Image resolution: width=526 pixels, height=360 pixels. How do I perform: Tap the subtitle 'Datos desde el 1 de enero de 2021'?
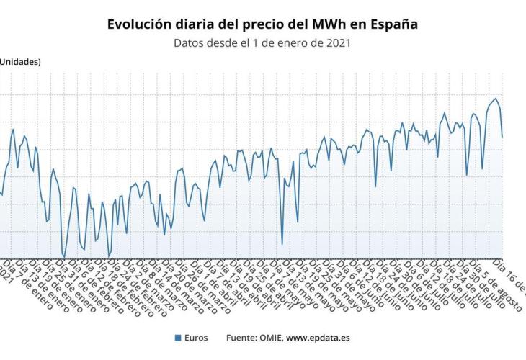pyautogui.click(x=262, y=42)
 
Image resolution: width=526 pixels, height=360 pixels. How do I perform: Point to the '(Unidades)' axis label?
pyautogui.click(x=19, y=61)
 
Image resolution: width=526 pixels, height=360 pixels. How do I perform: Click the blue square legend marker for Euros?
pyautogui.click(x=177, y=337)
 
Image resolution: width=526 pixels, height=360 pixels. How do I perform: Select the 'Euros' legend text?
pyautogui.click(x=196, y=337)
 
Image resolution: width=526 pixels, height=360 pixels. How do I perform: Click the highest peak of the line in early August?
pyautogui.click(x=495, y=99)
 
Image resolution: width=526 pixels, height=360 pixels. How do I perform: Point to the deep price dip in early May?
pyautogui.click(x=282, y=244)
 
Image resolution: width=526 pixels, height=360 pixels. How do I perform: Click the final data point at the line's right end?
pyautogui.click(x=502, y=136)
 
